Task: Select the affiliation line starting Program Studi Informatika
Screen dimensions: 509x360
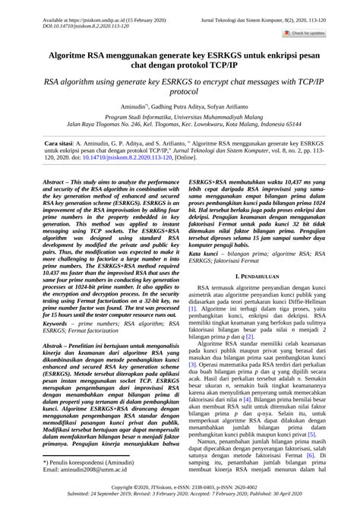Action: [179, 120]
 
